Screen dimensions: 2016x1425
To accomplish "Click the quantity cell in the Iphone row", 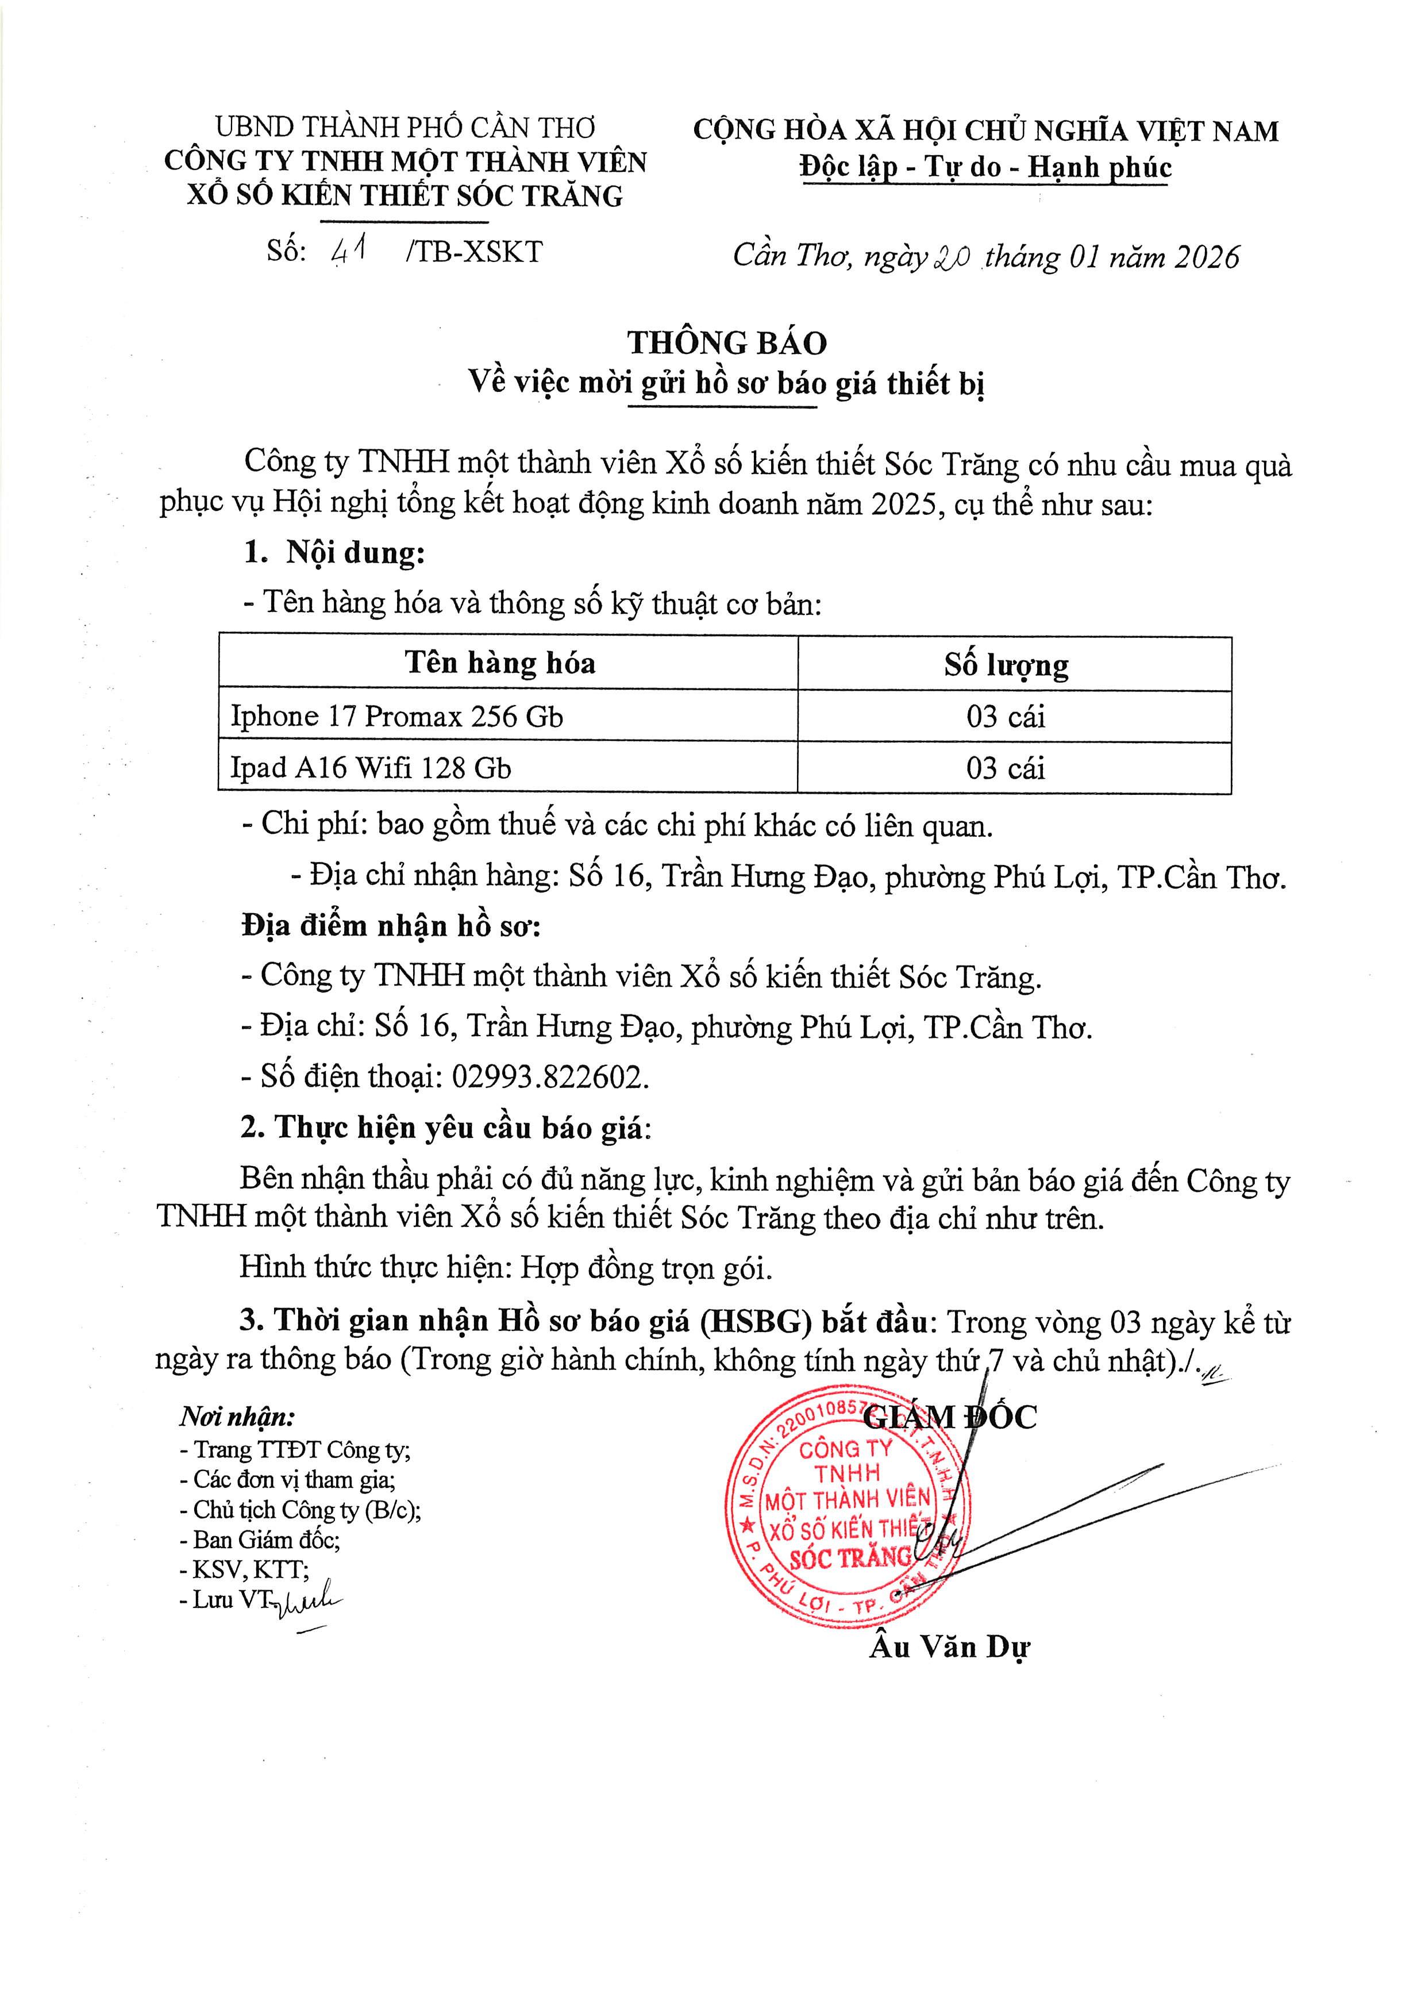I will (1006, 717).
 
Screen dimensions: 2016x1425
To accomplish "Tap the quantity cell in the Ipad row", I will (1006, 768).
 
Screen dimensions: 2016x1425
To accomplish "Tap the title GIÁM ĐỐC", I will (951, 1416).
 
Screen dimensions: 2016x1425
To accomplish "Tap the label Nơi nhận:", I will (237, 1416).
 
